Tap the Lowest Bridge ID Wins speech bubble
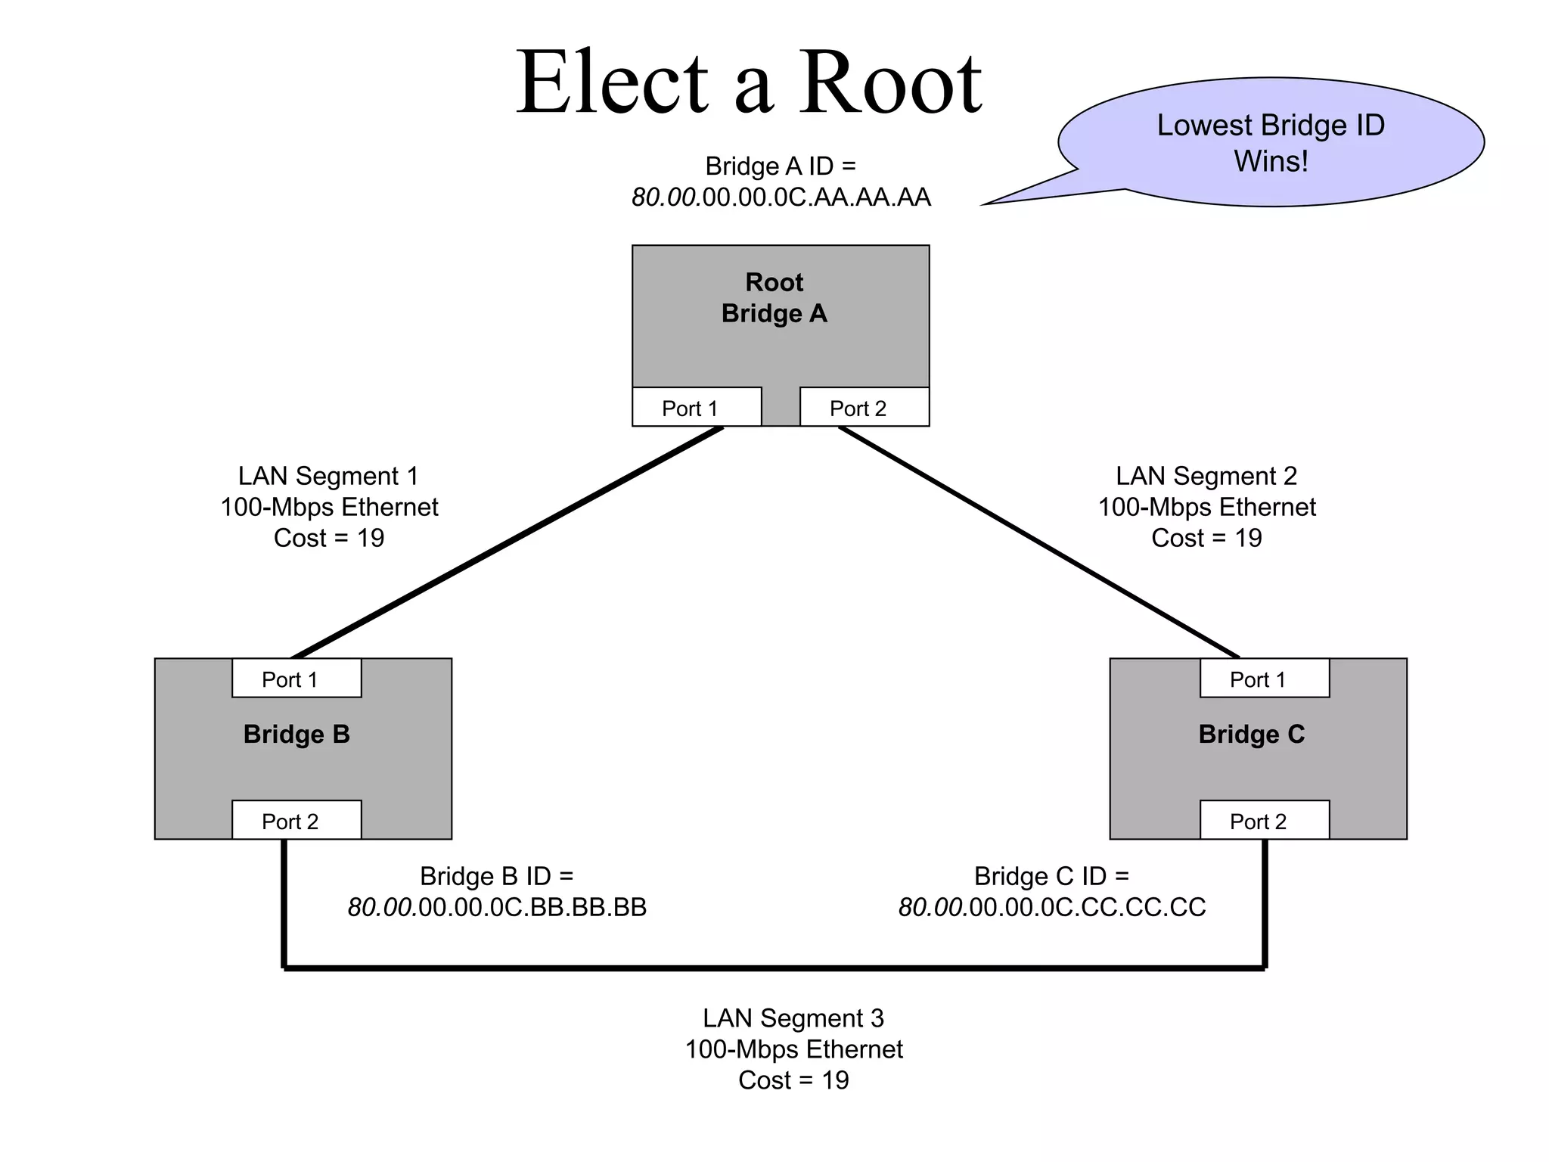click(x=1271, y=142)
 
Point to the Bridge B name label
click(x=296, y=734)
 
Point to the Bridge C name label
click(x=1252, y=734)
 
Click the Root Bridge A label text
click(x=774, y=297)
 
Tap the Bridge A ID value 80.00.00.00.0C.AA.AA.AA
click(x=781, y=197)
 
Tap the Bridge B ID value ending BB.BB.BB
click(x=497, y=907)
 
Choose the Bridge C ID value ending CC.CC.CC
click(x=1051, y=907)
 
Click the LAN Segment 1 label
click(x=328, y=476)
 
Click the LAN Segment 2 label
click(x=1206, y=476)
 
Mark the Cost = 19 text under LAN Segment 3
click(x=793, y=1080)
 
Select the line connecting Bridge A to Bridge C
click(x=1038, y=542)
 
